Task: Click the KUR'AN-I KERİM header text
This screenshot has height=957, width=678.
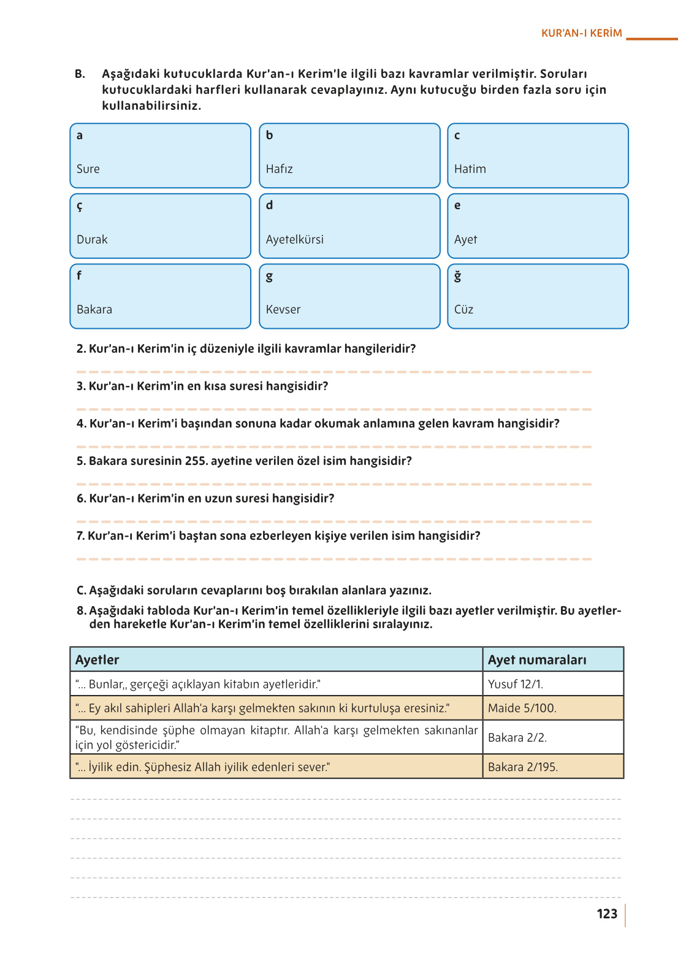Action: pos(581,33)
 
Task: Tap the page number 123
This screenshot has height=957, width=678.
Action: pos(607,913)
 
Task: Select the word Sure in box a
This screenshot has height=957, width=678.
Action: pos(88,169)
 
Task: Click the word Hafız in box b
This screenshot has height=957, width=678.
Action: pos(279,169)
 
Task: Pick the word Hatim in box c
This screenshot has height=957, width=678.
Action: pos(470,169)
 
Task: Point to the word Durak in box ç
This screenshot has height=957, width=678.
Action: pos(92,239)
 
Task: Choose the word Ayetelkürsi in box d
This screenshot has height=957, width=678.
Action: pos(294,239)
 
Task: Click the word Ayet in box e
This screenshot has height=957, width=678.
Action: pos(465,239)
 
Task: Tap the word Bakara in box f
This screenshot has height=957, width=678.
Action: pos(94,309)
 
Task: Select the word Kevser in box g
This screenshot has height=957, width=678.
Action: pos(283,309)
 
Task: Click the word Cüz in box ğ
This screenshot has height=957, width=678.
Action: pos(463,309)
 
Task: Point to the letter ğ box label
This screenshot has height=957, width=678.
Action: pos(457,276)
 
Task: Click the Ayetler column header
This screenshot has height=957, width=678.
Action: pos(97,659)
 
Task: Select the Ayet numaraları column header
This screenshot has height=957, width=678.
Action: pos(537,659)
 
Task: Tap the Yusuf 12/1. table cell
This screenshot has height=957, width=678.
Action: pos(516,684)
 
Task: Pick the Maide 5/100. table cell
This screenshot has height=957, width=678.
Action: pos(522,708)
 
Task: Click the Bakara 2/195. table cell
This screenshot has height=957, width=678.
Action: pos(523,767)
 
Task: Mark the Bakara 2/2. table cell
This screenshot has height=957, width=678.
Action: pos(517,737)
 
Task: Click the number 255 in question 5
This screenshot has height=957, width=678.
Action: pos(196,461)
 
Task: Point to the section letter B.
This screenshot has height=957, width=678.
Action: pos(80,74)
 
